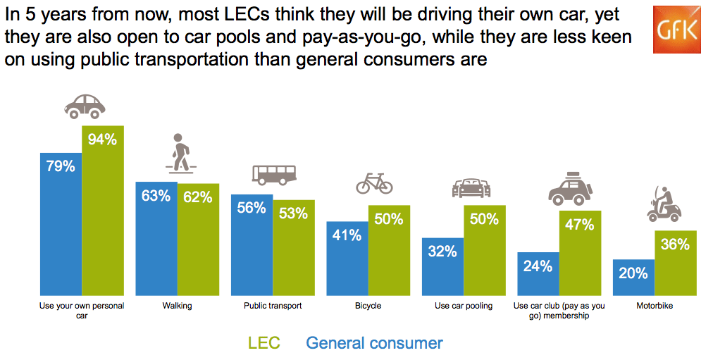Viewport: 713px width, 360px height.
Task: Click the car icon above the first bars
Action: [x=85, y=106]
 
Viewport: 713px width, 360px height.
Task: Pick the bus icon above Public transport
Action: [x=274, y=174]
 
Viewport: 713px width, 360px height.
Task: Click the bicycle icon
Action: [x=374, y=183]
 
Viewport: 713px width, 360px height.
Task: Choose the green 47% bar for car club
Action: [x=580, y=253]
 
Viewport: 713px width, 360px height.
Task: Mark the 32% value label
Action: [x=442, y=251]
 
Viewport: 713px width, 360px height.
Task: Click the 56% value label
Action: [x=252, y=208]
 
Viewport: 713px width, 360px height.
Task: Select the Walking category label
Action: [x=177, y=306]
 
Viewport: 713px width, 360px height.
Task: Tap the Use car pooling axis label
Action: [x=464, y=306]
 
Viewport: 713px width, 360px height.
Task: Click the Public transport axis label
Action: [x=273, y=306]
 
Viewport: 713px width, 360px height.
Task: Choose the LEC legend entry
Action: [x=264, y=343]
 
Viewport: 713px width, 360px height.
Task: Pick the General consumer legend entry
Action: [x=374, y=343]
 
